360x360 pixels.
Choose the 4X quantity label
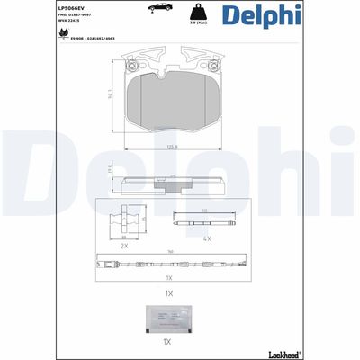point(207,238)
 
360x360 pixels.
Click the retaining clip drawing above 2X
point(125,220)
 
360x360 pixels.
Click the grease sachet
point(167,319)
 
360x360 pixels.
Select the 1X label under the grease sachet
point(167,343)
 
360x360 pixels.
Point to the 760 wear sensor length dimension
point(168,253)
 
